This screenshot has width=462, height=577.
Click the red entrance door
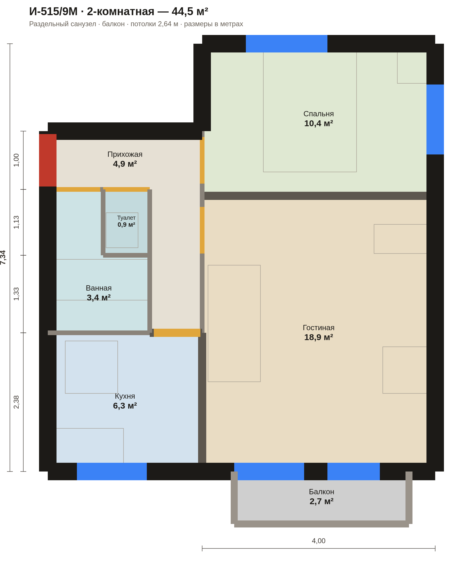[48, 160]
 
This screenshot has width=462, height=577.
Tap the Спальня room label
[318, 114]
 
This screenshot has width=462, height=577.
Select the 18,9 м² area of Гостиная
[318, 337]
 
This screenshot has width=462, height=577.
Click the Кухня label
[125, 396]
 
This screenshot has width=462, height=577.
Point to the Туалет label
[126, 218]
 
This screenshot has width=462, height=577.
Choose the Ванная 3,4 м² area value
[99, 298]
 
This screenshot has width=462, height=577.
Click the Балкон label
[322, 492]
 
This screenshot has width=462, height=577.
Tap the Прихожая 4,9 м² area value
[125, 164]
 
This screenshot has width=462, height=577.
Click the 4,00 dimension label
[319, 541]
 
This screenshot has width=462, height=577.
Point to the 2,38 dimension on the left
[16, 402]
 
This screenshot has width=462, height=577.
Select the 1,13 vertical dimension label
[16, 222]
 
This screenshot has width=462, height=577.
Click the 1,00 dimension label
[16, 160]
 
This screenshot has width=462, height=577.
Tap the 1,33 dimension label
[16, 294]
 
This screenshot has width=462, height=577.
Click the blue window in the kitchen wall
[112, 471]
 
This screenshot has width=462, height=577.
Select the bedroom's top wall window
[287, 44]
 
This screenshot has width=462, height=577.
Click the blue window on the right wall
[435, 119]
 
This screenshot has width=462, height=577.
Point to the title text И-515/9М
[53, 12]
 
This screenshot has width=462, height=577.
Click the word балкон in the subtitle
[113, 24]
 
